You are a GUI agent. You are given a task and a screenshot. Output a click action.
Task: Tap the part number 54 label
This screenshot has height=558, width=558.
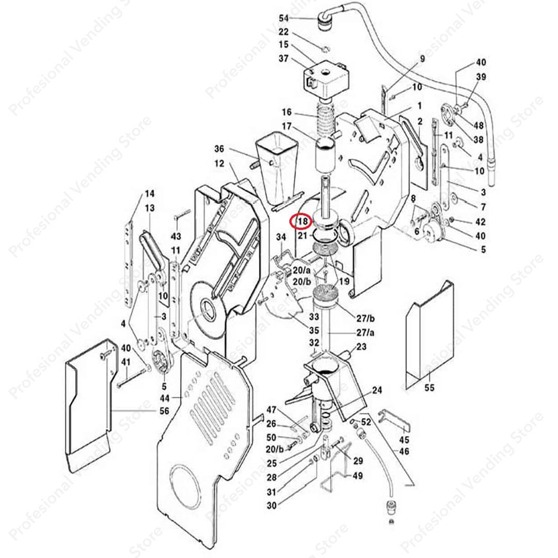pyautogui.click(x=284, y=18)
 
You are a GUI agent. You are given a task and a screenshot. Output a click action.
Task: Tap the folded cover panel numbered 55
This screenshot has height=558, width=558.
pyautogui.click(x=429, y=336)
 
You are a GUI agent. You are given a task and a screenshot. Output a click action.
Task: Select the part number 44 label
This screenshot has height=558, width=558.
pyautogui.click(x=165, y=398)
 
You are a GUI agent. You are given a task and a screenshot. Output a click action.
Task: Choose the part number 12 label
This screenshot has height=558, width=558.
pyautogui.click(x=220, y=163)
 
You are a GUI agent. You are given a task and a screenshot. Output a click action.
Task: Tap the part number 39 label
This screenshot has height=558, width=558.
pyautogui.click(x=481, y=77)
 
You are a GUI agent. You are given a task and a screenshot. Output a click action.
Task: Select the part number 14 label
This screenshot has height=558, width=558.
pyautogui.click(x=149, y=194)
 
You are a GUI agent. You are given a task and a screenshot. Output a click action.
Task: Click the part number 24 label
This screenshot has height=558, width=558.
pyautogui.click(x=378, y=391)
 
